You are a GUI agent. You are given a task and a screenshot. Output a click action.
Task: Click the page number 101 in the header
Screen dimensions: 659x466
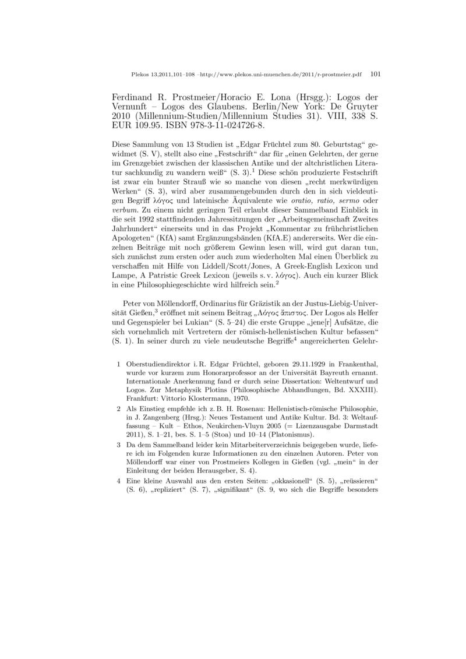(375, 75)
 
